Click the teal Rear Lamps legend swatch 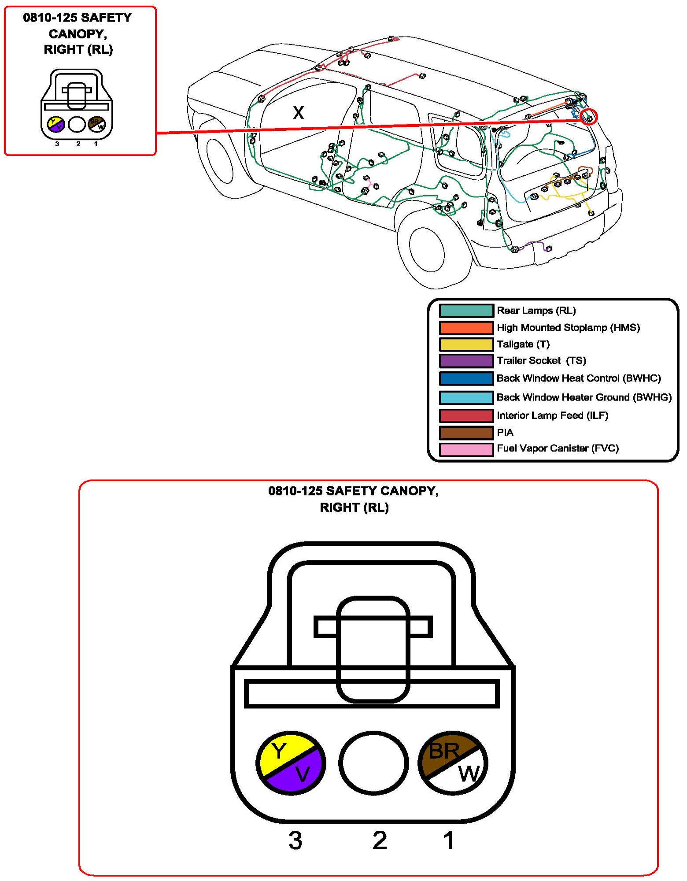coord(466,311)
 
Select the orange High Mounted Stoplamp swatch coord(466,328)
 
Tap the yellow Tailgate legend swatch coord(466,344)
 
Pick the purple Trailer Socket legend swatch coord(466,361)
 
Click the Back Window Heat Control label coord(579,378)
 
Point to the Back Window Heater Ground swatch coord(466,397)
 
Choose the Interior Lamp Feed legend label coord(552,415)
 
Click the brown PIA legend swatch coord(466,433)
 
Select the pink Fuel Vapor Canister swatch coord(466,449)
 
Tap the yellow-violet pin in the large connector coord(291,763)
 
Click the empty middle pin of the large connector coord(373,763)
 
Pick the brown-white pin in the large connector coord(453,763)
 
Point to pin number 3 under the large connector coord(295,840)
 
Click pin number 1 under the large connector coord(449,840)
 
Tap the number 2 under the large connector coord(380,840)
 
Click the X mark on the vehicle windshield coord(299,113)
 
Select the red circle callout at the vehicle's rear coord(589,117)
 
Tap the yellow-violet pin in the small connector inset coord(56,125)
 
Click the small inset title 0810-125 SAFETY coord(78,18)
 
